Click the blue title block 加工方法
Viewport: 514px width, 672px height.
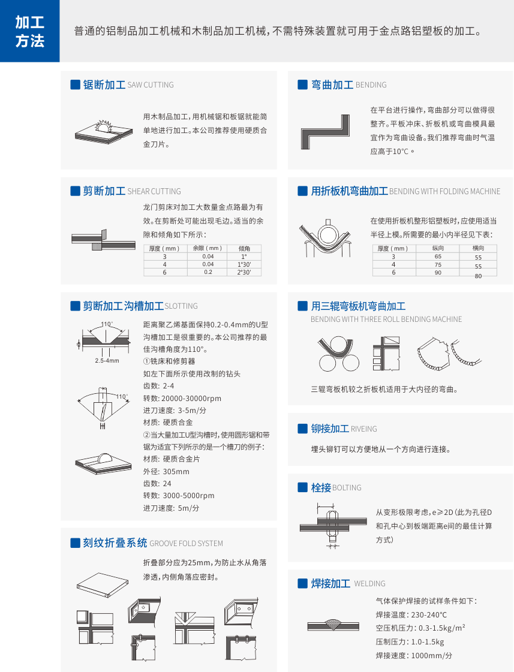(x=29, y=31)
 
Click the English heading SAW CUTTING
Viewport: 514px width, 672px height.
(x=151, y=85)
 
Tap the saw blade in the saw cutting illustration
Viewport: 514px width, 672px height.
(x=103, y=126)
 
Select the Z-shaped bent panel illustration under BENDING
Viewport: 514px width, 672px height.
(x=325, y=132)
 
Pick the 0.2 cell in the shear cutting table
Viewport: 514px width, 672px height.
(x=208, y=272)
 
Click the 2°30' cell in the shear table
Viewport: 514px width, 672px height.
(x=244, y=272)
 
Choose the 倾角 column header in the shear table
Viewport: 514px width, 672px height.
(x=244, y=248)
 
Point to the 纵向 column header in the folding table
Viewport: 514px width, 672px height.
(x=438, y=248)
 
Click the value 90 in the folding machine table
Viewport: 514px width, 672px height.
(x=438, y=273)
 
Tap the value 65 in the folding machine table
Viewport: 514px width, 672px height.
(x=438, y=257)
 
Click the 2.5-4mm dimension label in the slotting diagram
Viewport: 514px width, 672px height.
(x=107, y=361)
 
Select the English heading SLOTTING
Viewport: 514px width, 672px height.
(x=181, y=306)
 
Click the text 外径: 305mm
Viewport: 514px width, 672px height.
(x=166, y=471)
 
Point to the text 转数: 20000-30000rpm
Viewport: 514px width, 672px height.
(x=182, y=398)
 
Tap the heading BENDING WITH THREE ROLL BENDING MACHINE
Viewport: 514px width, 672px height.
(x=386, y=320)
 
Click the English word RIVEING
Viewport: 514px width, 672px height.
(x=364, y=429)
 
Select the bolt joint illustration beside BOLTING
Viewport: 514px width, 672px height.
(x=333, y=526)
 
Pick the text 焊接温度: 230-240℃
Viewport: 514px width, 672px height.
(x=411, y=614)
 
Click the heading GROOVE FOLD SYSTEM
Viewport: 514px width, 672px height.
(x=186, y=544)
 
